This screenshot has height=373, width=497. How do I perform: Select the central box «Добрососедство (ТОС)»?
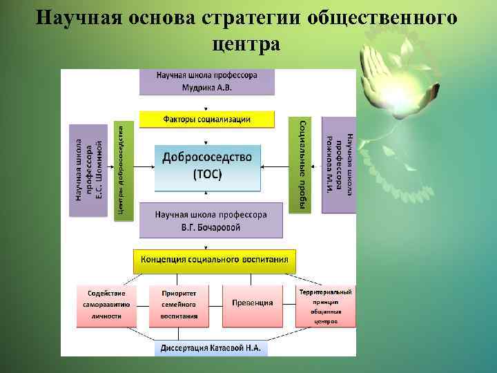[x=207, y=166]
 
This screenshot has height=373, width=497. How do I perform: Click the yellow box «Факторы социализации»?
[x=207, y=119]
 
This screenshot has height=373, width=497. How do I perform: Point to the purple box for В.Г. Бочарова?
[x=211, y=221]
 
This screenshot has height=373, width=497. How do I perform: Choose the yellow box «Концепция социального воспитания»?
[x=215, y=260]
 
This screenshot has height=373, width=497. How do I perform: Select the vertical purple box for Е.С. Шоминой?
[x=88, y=170]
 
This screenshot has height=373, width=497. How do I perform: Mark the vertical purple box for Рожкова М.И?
[x=339, y=164]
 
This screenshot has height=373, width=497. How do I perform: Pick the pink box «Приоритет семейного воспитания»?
[x=179, y=304]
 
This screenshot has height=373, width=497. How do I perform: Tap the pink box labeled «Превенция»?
[x=252, y=303]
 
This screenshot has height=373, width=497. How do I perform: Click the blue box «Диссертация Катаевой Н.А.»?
[x=211, y=348]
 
